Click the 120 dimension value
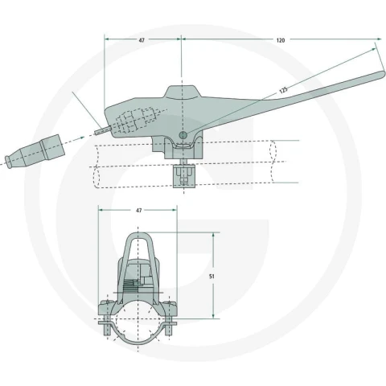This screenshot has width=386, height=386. point(281,40)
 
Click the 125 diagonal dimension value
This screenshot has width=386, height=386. point(283,90)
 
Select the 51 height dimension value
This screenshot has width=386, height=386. point(211,276)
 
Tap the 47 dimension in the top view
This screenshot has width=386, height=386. point(142,40)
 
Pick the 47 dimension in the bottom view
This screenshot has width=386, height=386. point(138,211)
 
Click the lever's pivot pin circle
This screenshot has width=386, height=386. point(183,135)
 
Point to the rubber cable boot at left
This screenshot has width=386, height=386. point(35,152)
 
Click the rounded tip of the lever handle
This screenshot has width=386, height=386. point(382,75)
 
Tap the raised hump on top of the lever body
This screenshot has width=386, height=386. point(183,92)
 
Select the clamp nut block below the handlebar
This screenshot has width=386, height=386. point(184,176)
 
